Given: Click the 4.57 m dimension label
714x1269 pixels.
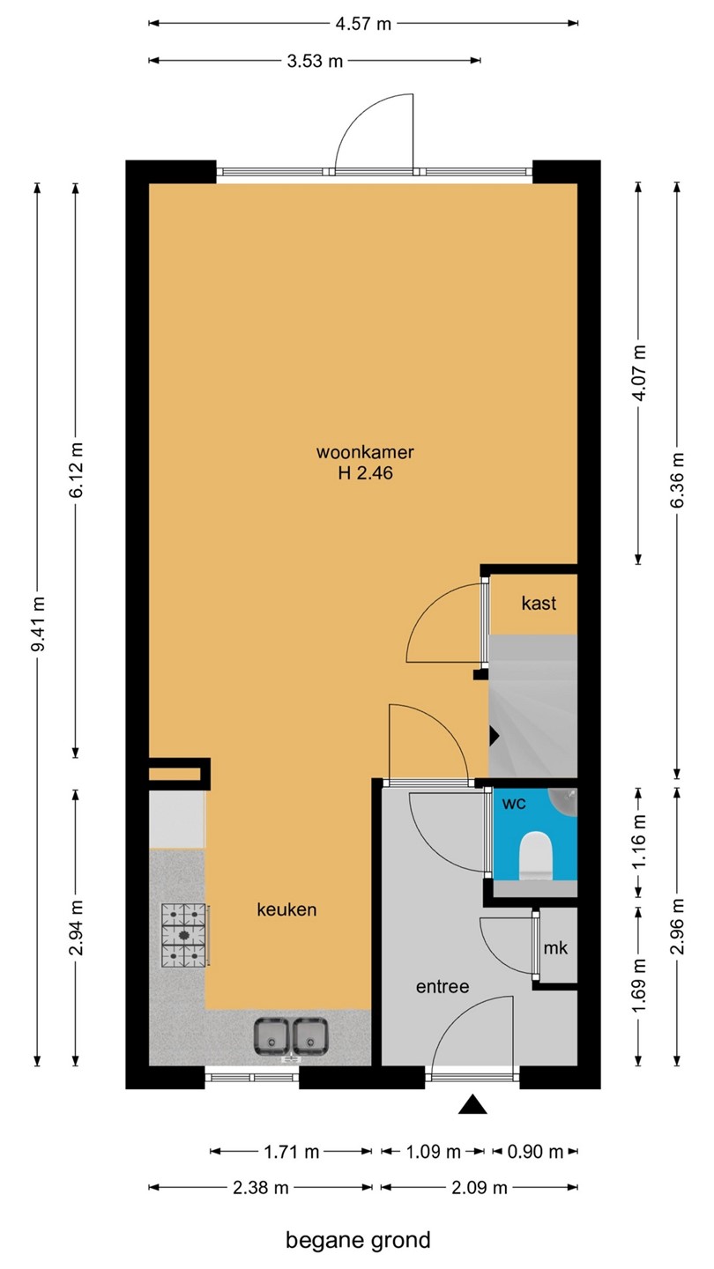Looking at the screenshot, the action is point(363,24).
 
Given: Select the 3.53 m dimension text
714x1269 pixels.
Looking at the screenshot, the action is point(315,61).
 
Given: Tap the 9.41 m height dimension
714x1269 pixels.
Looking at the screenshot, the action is point(38,624).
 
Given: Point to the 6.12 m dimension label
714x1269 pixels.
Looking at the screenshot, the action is point(76,471).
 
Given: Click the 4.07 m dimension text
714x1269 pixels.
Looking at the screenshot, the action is point(638,373).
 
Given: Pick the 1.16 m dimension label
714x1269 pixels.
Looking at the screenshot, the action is point(638,842).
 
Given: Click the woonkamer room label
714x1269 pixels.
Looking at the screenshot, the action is point(365,452).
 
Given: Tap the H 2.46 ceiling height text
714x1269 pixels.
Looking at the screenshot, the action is point(365,472).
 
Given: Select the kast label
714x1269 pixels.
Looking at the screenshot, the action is point(539,604).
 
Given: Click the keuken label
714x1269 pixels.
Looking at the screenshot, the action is point(286,909).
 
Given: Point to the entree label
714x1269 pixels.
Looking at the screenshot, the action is point(443,986).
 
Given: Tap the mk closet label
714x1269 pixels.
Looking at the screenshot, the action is point(555,948).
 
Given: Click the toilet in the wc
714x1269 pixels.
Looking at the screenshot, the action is point(536,856).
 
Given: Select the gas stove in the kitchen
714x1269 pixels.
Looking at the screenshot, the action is point(184,935).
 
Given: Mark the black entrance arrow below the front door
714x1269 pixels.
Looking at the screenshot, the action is point(472,1105).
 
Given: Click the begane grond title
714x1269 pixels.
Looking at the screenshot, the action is point(358,1240).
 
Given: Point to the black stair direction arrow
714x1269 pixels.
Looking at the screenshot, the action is point(495,737).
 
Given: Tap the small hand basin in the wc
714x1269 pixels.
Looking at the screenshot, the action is point(564,800).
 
